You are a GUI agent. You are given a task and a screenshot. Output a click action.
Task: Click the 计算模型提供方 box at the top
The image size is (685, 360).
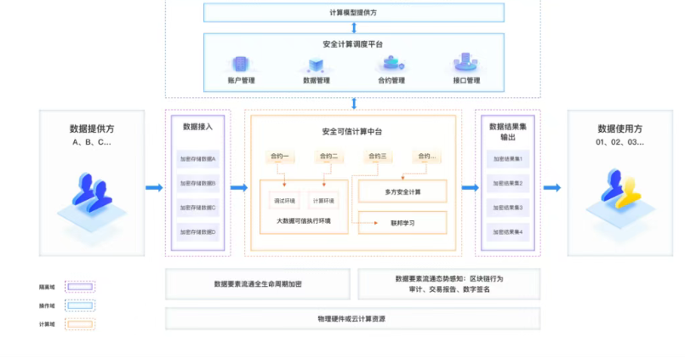(354, 13)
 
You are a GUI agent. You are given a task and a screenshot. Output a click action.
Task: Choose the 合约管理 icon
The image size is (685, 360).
(391, 64)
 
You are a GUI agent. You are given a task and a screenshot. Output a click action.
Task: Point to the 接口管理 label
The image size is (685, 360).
(466, 81)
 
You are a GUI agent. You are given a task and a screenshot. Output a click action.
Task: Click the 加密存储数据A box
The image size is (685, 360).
(197, 159)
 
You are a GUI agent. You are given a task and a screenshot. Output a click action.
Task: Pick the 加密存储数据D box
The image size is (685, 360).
(197, 231)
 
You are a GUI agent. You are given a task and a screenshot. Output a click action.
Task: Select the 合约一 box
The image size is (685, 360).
(280, 157)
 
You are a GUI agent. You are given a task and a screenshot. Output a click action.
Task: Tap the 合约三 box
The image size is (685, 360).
(377, 157)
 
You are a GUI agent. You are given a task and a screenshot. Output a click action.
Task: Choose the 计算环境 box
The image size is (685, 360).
(323, 200)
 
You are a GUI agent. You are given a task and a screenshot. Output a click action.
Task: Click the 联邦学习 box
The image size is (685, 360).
(402, 223)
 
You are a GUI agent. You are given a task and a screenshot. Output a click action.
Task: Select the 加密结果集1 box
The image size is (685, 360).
(508, 159)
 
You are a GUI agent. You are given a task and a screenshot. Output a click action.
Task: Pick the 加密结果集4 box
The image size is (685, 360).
(508, 231)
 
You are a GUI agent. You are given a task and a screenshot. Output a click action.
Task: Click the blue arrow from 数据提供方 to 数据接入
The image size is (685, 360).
(154, 187)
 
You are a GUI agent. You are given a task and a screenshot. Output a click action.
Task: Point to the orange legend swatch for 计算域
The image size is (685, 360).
(80, 324)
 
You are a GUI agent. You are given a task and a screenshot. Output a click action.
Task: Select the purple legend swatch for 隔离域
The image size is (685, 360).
(80, 287)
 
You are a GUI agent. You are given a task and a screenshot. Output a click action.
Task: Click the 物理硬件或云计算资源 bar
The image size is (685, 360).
(352, 319)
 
